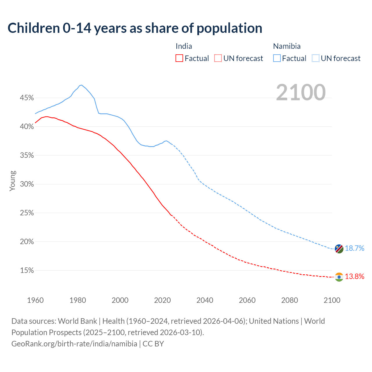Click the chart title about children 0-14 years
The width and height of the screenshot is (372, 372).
pyautogui.click(x=135, y=28)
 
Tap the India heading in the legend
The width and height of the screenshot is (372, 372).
pyautogui.click(x=184, y=46)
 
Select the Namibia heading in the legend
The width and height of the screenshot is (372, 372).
pyautogui.click(x=287, y=46)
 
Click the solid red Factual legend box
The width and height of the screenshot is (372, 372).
pyautogui.click(x=179, y=58)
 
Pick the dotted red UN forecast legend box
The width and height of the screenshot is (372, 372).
pyautogui.click(x=218, y=58)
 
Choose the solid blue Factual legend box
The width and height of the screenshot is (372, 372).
pyautogui.click(x=277, y=58)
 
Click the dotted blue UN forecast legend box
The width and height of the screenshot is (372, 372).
pyautogui.click(x=316, y=58)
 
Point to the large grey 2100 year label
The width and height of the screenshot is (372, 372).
pyautogui.click(x=301, y=92)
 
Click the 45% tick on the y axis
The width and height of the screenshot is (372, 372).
pyautogui.click(x=27, y=98)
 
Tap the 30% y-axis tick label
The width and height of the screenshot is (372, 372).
pyautogui.click(x=27, y=184)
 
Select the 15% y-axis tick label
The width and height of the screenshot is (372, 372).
pyautogui.click(x=27, y=271)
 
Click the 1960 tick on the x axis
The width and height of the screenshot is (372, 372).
pyautogui.click(x=35, y=300)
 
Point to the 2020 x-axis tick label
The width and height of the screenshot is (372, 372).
pyautogui.click(x=162, y=300)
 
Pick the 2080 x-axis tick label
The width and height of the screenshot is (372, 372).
pyautogui.click(x=289, y=300)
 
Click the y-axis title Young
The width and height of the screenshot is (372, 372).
pyautogui.click(x=12, y=181)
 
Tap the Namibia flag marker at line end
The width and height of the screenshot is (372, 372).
pyautogui.click(x=339, y=249)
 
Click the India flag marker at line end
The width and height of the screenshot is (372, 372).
pyautogui.click(x=339, y=277)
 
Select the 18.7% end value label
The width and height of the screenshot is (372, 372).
pyautogui.click(x=355, y=248)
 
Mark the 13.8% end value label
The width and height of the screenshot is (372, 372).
pyautogui.click(x=355, y=276)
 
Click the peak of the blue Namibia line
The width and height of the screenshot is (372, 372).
pyautogui.click(x=81, y=85)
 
